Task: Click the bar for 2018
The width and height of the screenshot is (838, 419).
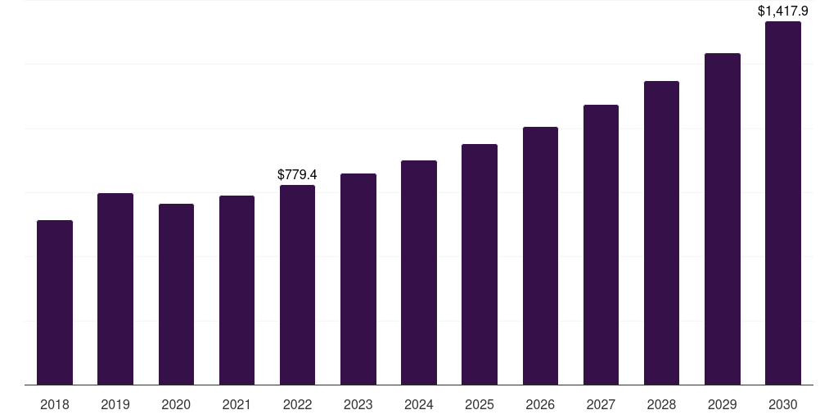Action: (x=55, y=302)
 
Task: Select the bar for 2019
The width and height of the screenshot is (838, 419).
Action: (x=115, y=289)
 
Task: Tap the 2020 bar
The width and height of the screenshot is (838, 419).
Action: (x=176, y=294)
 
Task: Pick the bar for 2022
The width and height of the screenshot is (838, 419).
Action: (x=297, y=285)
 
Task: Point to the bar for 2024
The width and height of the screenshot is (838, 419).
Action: (x=419, y=273)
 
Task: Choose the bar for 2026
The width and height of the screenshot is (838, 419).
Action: (x=540, y=255)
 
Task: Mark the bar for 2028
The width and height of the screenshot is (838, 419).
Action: (x=661, y=232)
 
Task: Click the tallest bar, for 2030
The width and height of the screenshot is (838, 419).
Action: (x=783, y=203)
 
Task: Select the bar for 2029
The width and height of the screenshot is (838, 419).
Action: (x=723, y=219)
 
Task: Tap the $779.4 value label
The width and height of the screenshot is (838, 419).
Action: (x=297, y=174)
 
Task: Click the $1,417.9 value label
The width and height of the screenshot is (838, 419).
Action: (x=783, y=11)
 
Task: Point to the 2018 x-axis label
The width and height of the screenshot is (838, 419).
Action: (x=55, y=404)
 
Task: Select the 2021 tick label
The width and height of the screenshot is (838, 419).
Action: (x=237, y=404)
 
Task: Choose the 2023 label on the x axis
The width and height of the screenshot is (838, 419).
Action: (x=358, y=404)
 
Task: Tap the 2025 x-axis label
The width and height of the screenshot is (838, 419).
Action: (x=480, y=404)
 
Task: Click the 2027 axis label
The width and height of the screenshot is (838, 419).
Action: (x=601, y=404)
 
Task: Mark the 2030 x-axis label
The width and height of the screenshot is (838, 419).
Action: (x=783, y=404)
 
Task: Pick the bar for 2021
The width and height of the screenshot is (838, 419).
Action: (x=237, y=290)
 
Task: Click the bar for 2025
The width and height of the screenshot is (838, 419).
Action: (x=480, y=264)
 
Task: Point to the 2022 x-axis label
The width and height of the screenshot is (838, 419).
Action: (x=297, y=404)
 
